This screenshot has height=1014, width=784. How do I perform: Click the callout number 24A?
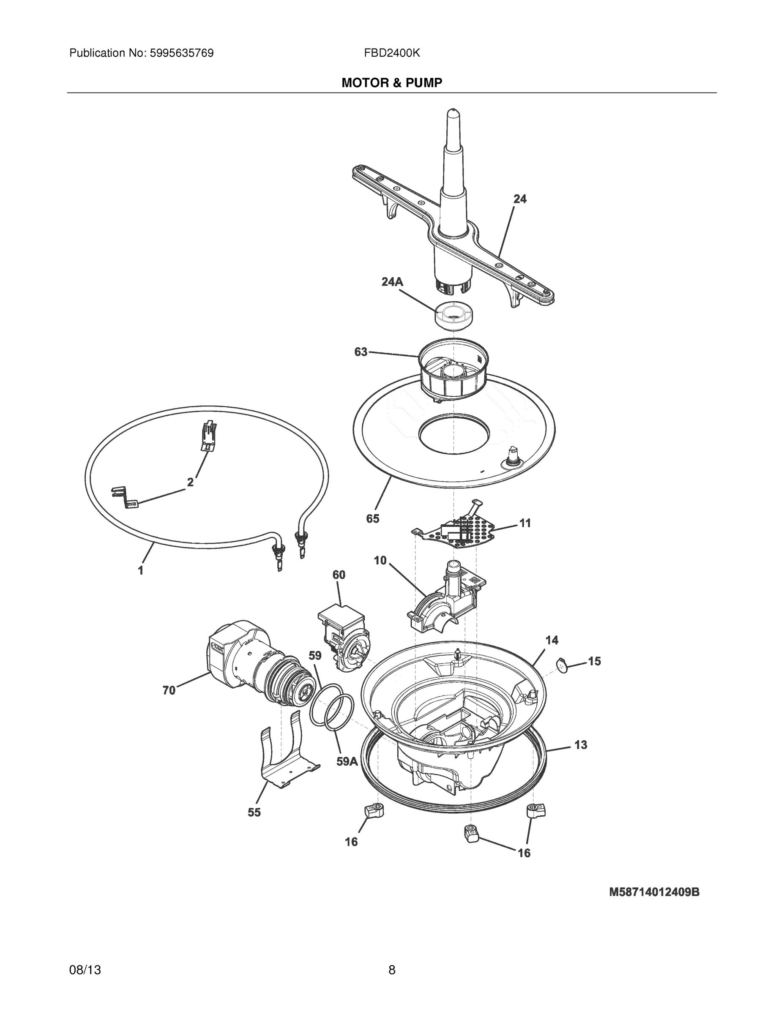392,282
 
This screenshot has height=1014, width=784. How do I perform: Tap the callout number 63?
361,352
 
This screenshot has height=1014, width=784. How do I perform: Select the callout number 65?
372,518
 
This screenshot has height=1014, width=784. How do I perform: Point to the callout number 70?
169,690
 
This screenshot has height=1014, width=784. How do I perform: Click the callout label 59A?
347,761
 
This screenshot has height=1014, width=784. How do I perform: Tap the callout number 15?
595,661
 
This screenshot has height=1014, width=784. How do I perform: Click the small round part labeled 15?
563,665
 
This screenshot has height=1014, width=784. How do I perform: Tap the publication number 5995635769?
181,53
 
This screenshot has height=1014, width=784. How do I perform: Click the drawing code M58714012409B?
654,892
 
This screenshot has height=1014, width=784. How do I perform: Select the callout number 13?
581,745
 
